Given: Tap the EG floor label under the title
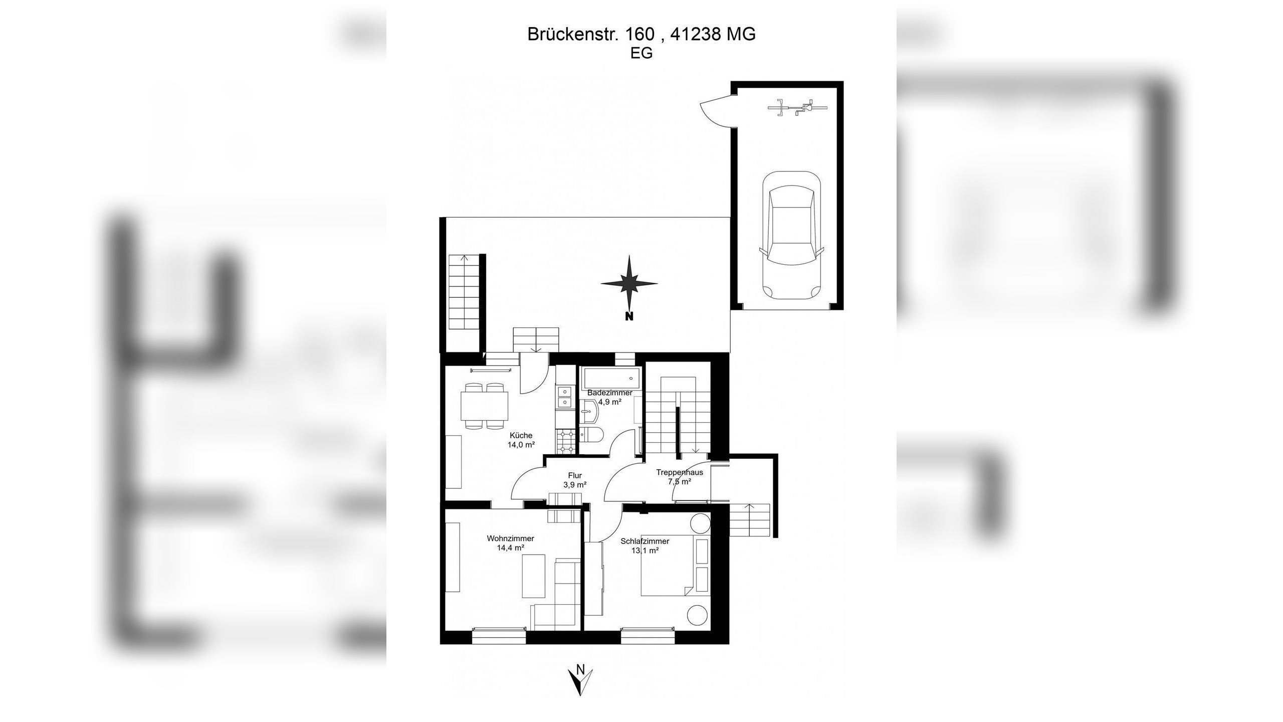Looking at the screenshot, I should tap(641, 53).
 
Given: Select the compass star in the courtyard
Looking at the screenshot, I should tap(629, 283).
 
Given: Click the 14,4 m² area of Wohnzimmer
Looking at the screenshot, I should tap(510, 548).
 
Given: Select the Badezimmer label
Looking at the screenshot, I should tap(609, 393).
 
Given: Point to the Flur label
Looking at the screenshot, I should tap(575, 476).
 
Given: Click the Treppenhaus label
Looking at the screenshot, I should tap(679, 472).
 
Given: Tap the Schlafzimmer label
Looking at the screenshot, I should tap(645, 541).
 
